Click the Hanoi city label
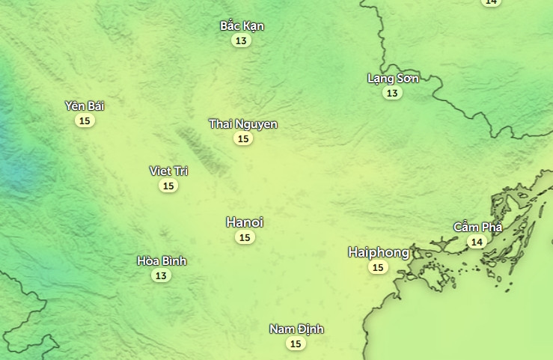(x=245, y=222)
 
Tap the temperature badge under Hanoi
(x=244, y=237)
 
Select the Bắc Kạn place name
(x=242, y=26)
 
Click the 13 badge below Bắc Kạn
(x=241, y=41)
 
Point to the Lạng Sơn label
(x=393, y=79)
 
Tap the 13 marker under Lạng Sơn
(x=392, y=94)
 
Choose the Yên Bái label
(x=85, y=106)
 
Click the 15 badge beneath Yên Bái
(x=85, y=120)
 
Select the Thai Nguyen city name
(x=243, y=124)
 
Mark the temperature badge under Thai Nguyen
(x=242, y=138)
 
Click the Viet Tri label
(x=168, y=171)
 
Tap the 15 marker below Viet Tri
(x=168, y=186)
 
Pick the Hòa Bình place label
(x=162, y=261)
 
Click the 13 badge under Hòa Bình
(x=161, y=275)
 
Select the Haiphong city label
(x=379, y=252)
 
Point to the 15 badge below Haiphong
(x=378, y=267)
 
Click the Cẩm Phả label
(x=477, y=227)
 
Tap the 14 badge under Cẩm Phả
(x=477, y=242)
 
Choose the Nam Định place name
(x=296, y=329)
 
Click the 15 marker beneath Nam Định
(x=296, y=344)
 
